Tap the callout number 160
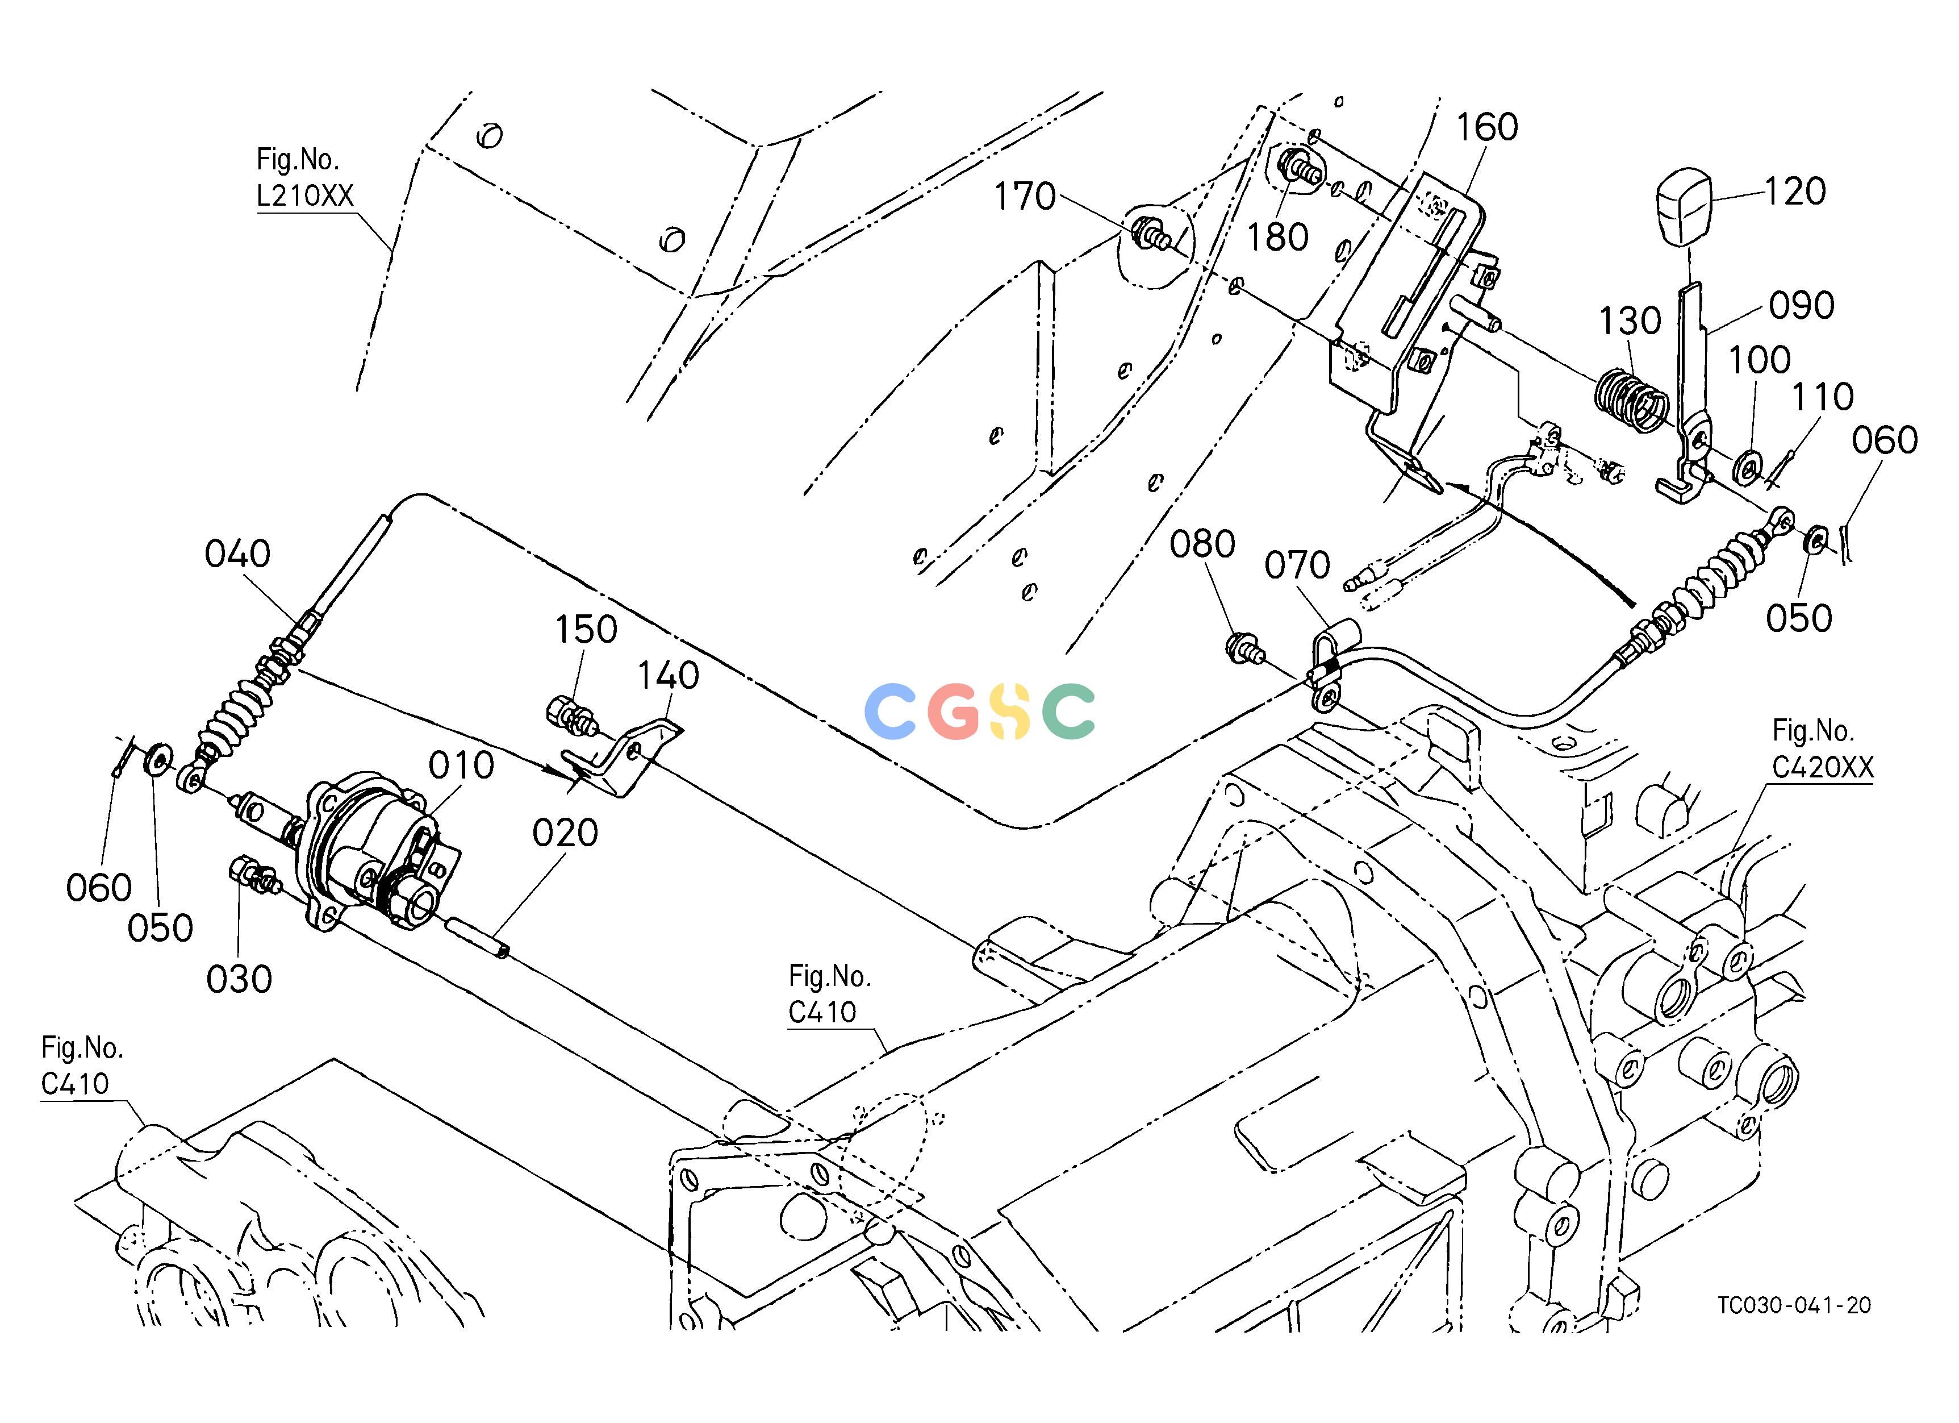pyautogui.click(x=1488, y=127)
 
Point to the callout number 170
pyautogui.click(x=1025, y=197)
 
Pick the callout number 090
pyautogui.click(x=1802, y=305)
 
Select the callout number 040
pyautogui.click(x=237, y=554)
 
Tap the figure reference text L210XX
pyautogui.click(x=305, y=196)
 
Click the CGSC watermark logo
pyautogui.click(x=979, y=711)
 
